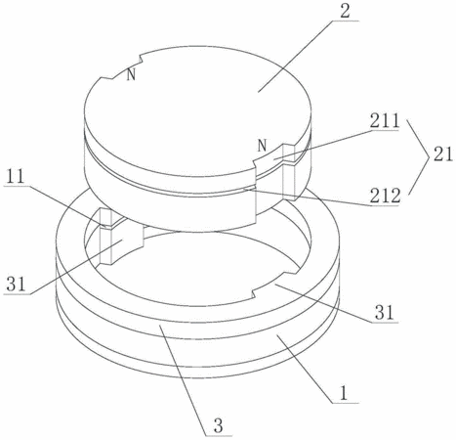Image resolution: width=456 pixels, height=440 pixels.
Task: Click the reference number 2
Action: click(x=345, y=11)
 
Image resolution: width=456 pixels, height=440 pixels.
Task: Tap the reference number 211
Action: click(x=384, y=121)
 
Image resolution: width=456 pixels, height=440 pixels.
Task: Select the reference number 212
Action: click(x=385, y=196)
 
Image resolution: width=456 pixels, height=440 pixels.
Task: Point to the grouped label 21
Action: click(x=442, y=154)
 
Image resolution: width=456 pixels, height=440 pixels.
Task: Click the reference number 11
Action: click(x=15, y=176)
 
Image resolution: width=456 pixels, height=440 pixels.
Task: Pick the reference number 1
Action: click(x=344, y=393)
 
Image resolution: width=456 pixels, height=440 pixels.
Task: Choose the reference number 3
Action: click(x=218, y=425)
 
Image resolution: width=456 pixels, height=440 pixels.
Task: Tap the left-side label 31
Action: click(x=16, y=285)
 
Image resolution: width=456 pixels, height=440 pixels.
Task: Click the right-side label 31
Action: click(x=385, y=313)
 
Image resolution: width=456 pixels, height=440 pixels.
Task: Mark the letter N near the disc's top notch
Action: click(x=131, y=74)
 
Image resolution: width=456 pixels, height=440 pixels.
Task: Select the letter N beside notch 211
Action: click(x=262, y=146)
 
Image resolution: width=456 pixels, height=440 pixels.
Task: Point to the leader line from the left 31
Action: click(x=75, y=267)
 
